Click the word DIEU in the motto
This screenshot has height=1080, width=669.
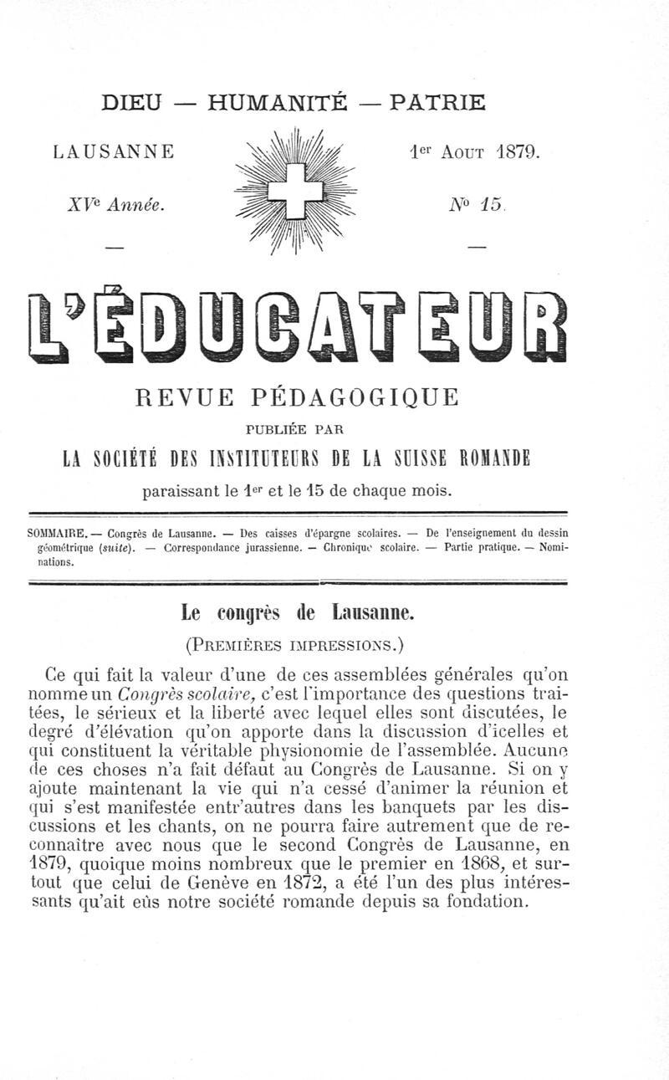pos(131,104)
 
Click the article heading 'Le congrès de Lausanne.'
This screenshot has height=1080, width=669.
pos(297,613)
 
